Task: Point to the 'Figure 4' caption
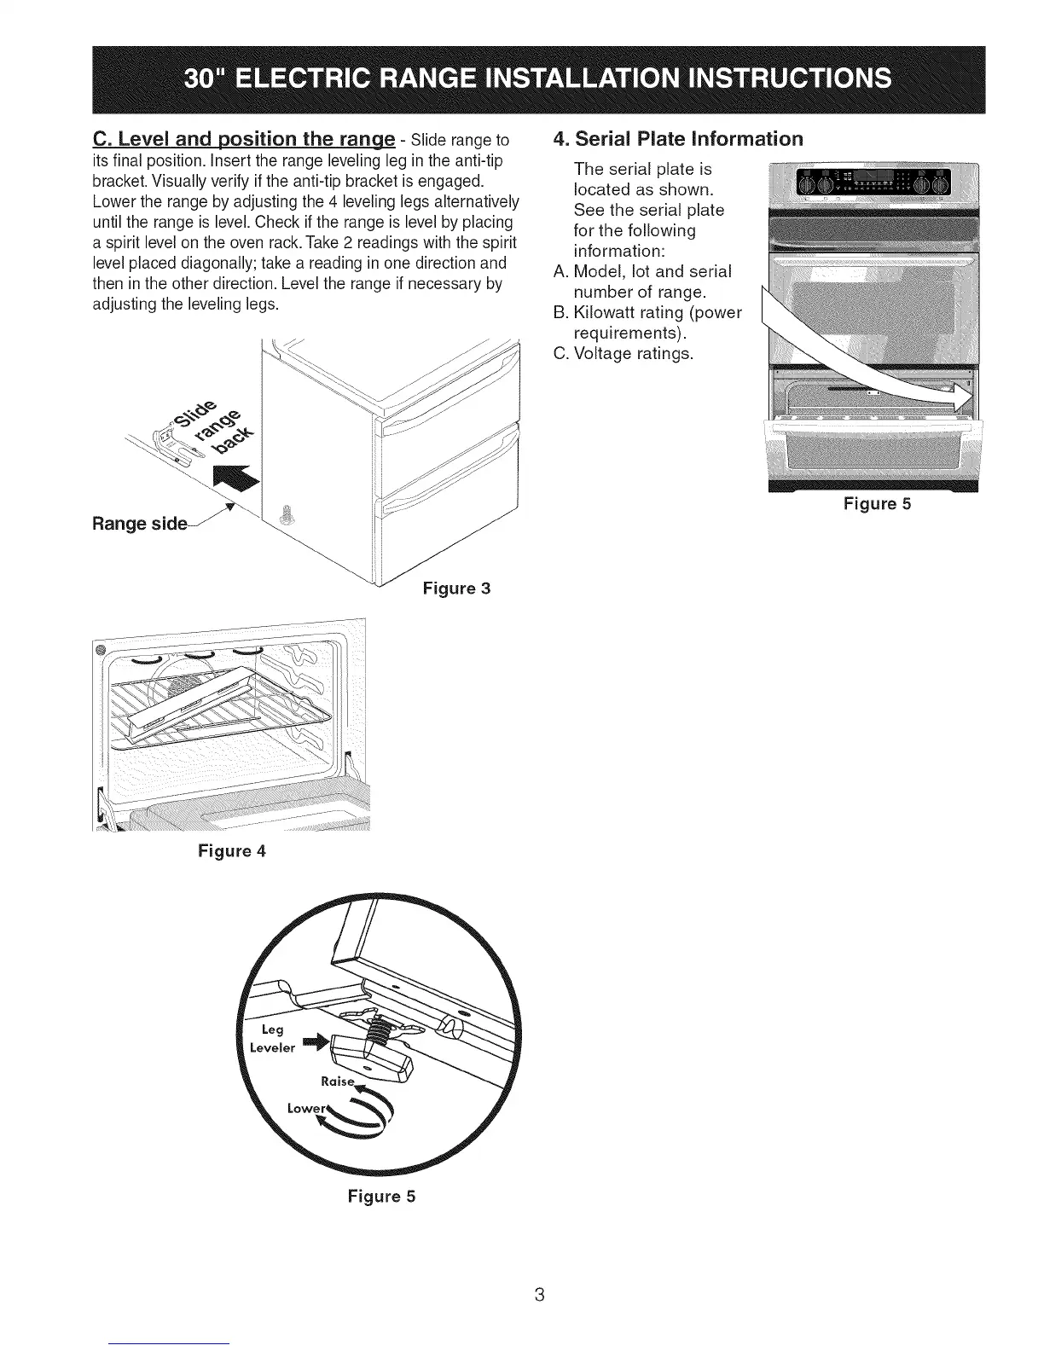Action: click(x=232, y=850)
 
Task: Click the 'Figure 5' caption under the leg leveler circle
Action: click(x=380, y=1196)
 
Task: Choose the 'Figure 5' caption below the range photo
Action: click(x=877, y=504)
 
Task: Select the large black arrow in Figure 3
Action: click(x=237, y=483)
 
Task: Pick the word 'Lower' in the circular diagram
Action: click(x=304, y=1108)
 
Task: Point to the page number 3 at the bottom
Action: click(x=538, y=1294)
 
